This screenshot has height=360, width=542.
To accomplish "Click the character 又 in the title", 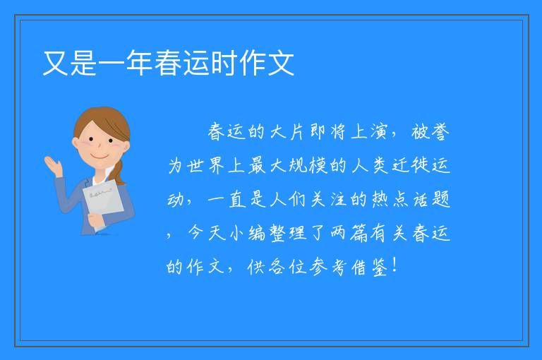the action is tap(55, 63).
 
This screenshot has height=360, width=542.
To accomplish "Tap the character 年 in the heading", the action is tap(139, 63).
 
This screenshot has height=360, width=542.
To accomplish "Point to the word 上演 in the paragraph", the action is tap(369, 132).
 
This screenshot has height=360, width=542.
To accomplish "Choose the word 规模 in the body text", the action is tap(308, 165).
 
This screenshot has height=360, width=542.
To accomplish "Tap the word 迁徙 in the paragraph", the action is tap(410, 165).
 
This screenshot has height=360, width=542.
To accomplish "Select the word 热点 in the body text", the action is tap(390, 199).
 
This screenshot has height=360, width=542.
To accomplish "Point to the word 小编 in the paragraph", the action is tap(246, 233).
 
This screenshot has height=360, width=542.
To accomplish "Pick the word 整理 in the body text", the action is tap(287, 233).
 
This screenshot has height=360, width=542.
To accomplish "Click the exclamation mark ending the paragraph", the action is tap(395, 265).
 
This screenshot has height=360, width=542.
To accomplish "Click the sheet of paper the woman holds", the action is tap(102, 203).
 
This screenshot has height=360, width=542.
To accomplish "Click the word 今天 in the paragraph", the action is tap(205, 233).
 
